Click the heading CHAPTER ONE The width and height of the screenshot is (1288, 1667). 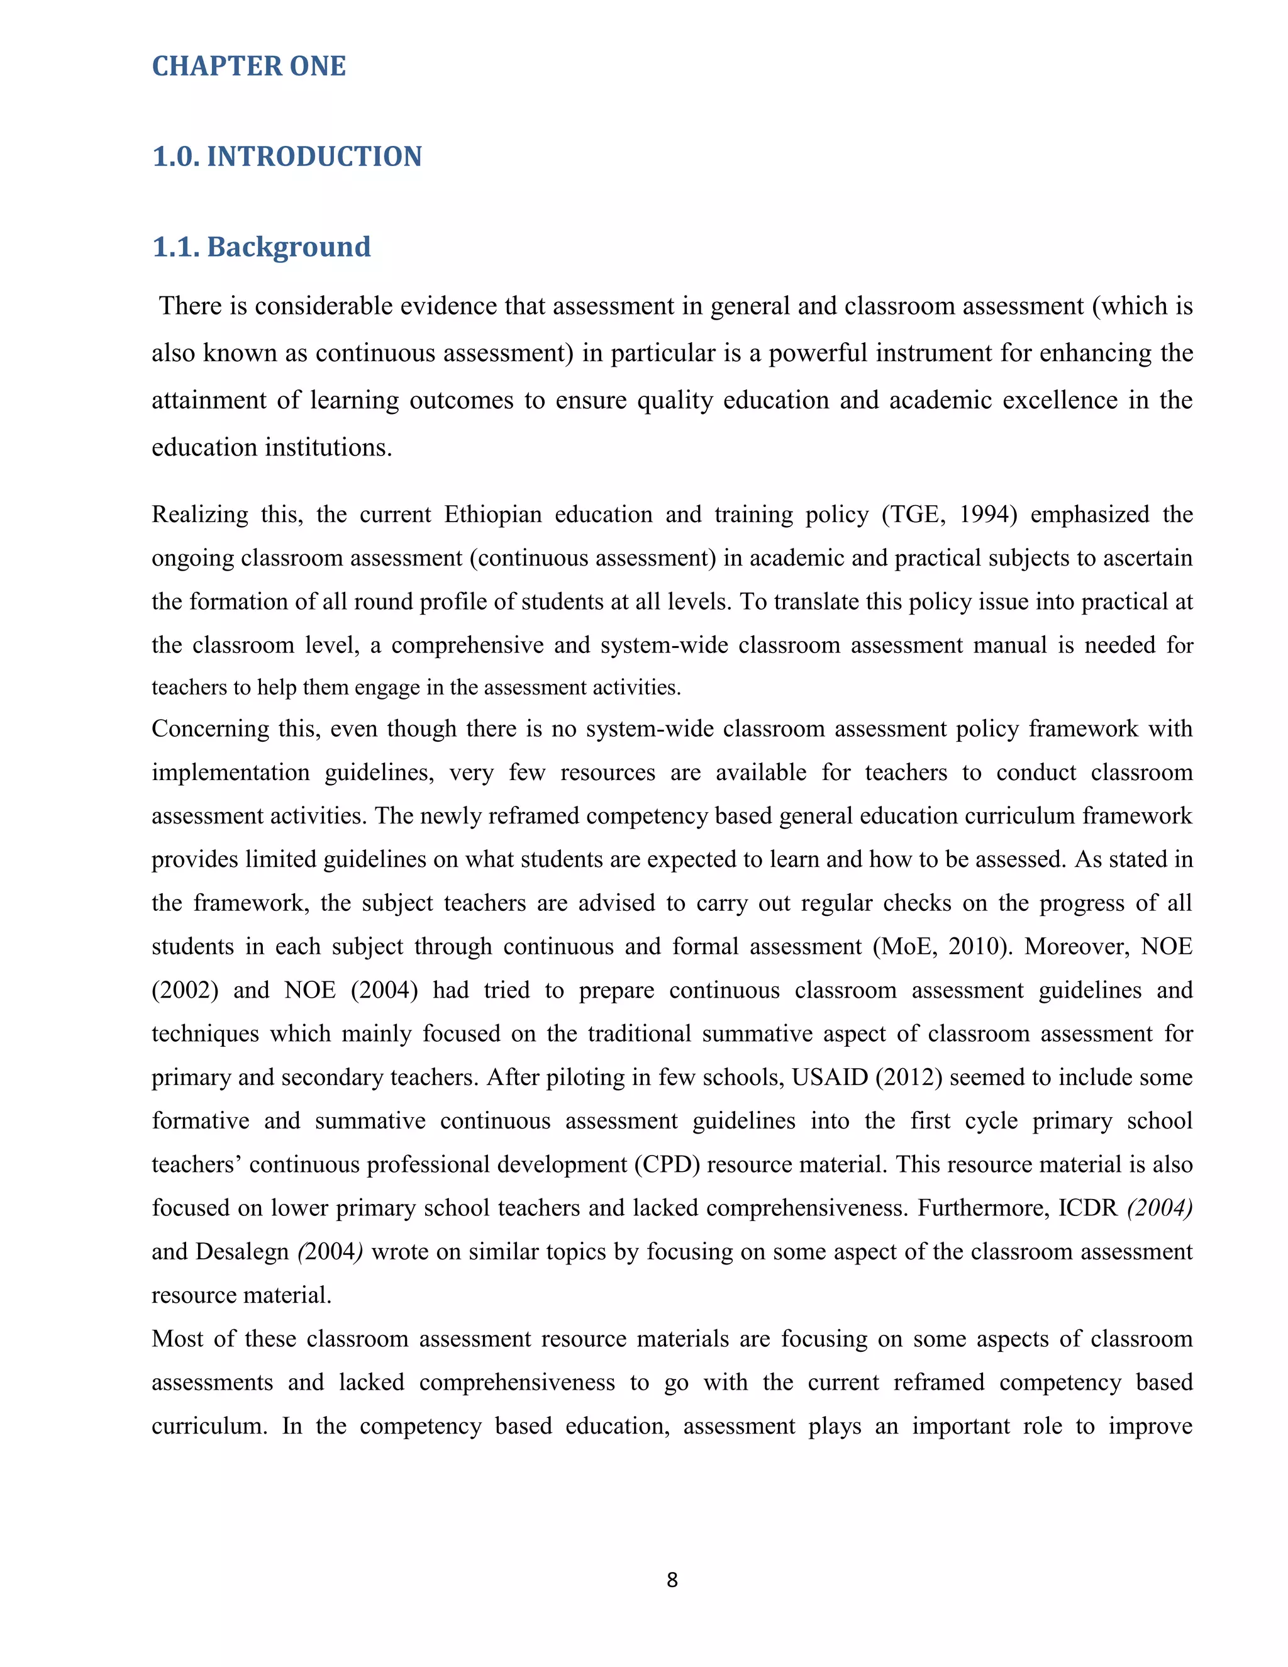(249, 67)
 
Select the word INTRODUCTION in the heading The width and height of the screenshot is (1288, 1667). (314, 157)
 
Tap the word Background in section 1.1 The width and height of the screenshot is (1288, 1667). (289, 247)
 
